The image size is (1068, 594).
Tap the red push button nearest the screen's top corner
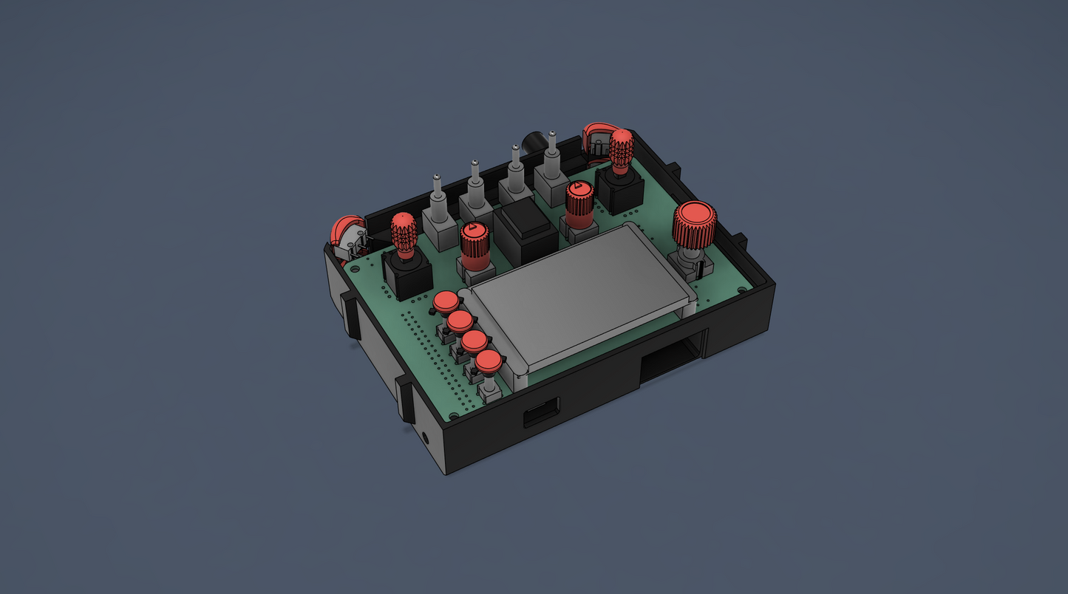pyautogui.click(x=446, y=301)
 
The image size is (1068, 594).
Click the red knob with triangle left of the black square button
pyautogui.click(x=475, y=238)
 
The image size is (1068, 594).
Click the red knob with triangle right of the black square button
pyautogui.click(x=579, y=196)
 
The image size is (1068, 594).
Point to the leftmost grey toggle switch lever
pyautogui.click(x=438, y=189)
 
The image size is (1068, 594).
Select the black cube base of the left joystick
pyautogui.click(x=407, y=275)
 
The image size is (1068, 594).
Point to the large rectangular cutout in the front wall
pyautogui.click(x=671, y=356)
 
